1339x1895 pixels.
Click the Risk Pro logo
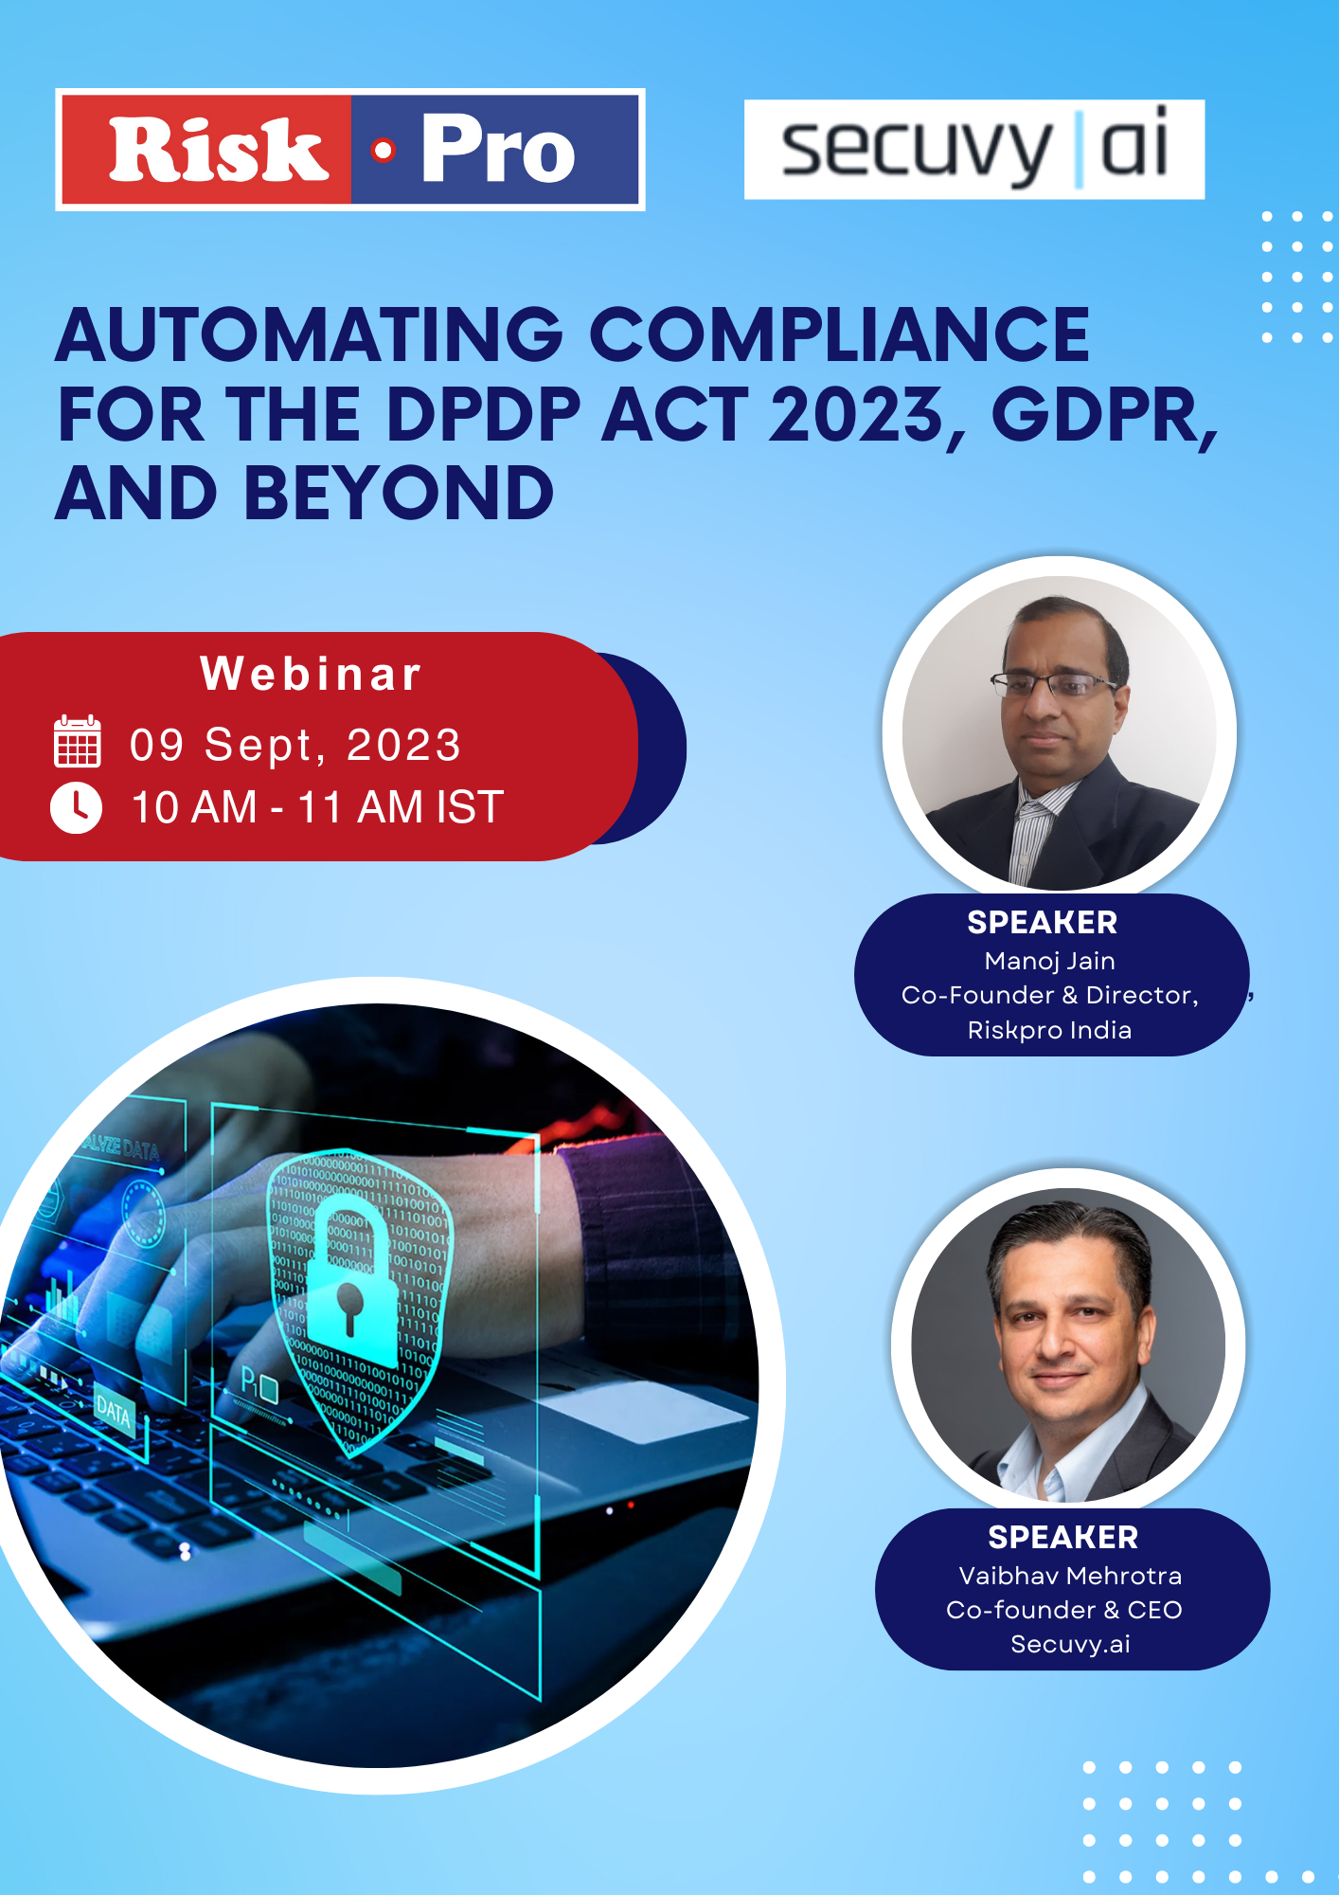[x=350, y=150]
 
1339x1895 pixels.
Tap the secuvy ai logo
[x=974, y=150]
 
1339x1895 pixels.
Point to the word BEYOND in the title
[x=399, y=494]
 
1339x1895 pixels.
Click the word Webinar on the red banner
[x=311, y=674]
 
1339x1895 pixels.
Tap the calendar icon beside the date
[x=77, y=741]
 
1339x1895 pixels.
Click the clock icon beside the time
[x=76, y=807]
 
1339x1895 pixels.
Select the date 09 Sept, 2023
[x=295, y=745]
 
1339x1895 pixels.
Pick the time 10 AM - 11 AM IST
[x=316, y=807]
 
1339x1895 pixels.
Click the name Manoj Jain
[x=1049, y=962]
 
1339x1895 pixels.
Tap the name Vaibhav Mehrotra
[x=1070, y=1576]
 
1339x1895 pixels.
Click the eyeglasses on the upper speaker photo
[x=1054, y=684]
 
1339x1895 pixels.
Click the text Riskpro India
[x=1049, y=1030]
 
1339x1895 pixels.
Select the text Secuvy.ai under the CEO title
[x=1070, y=1644]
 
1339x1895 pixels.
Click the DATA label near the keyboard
[x=114, y=1412]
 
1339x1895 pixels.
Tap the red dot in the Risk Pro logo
[x=383, y=150]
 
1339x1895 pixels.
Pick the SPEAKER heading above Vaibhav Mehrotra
[x=1062, y=1537]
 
